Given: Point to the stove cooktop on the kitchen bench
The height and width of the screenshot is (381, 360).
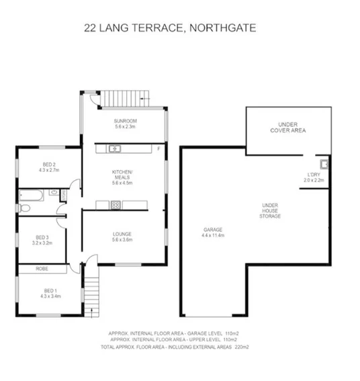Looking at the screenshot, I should [x=116, y=204].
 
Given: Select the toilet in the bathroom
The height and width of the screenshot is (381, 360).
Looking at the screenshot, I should [x=62, y=195].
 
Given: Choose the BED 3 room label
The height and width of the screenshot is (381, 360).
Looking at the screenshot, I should [x=43, y=237].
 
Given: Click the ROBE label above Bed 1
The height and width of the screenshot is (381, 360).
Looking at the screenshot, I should [x=42, y=269].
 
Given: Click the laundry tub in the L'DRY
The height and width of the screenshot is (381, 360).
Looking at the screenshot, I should [x=323, y=163].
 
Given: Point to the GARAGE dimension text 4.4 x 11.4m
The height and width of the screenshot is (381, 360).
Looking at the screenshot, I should [x=213, y=236].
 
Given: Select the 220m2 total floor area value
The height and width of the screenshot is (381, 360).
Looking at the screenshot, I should [x=240, y=347].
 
